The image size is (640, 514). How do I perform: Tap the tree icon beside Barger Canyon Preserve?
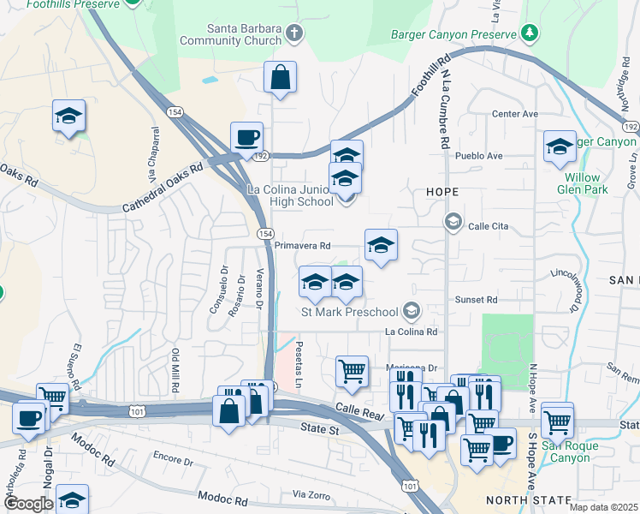pyautogui.click(x=530, y=33)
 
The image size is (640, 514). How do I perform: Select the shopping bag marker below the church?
pyautogui.click(x=280, y=78)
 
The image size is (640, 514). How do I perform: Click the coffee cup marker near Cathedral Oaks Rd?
pyautogui.click(x=246, y=138)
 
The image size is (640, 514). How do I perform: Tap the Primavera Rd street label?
pyautogui.click(x=303, y=245)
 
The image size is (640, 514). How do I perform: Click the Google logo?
pyautogui.click(x=27, y=503)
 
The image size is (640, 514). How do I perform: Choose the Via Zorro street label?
pyautogui.click(x=311, y=495)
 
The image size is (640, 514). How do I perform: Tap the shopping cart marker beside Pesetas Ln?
pyautogui.click(x=352, y=372)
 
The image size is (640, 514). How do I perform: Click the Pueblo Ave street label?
pyautogui.click(x=479, y=156)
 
